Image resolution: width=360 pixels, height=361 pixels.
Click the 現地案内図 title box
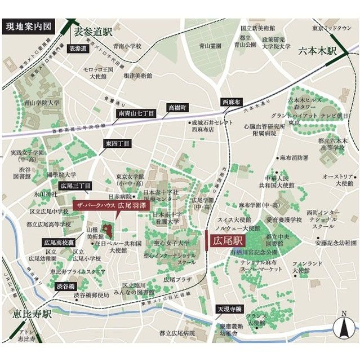click(28, 27)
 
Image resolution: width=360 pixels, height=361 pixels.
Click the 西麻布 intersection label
click(231, 102)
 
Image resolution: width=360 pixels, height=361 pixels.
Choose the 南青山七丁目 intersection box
click(136, 113)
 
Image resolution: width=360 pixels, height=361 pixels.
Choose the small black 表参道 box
click(78, 49)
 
